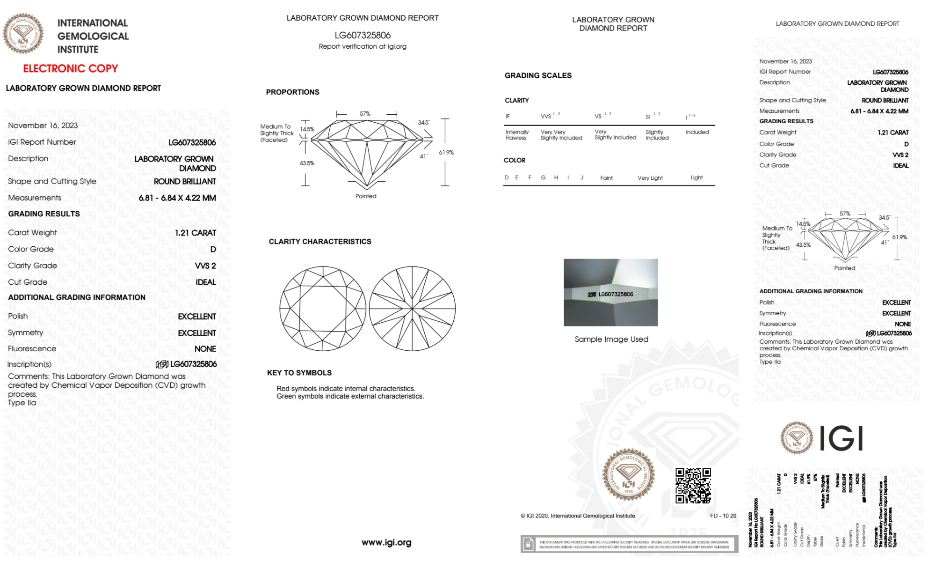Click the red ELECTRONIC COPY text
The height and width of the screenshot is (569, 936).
[x=71, y=68]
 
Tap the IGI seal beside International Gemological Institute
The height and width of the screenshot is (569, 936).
[x=23, y=33]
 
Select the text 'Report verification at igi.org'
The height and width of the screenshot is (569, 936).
[x=363, y=46]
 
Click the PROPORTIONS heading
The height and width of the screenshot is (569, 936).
[x=292, y=92]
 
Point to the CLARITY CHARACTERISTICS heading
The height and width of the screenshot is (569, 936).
[x=320, y=242]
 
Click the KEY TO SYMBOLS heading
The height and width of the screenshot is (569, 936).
[x=299, y=373]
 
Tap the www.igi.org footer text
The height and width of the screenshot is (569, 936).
[x=386, y=542]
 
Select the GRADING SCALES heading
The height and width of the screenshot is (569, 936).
[x=538, y=75]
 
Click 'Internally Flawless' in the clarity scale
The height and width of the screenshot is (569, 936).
[x=517, y=135]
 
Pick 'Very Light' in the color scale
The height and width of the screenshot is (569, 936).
[x=650, y=178]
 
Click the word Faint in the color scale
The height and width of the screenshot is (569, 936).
[x=606, y=178]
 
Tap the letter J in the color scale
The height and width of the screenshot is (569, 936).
[x=582, y=177]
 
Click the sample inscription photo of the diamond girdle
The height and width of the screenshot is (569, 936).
[x=610, y=292]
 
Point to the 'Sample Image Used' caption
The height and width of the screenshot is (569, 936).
[x=611, y=339]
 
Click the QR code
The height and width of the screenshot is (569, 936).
[x=693, y=486]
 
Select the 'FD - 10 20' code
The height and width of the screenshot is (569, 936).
[x=723, y=516]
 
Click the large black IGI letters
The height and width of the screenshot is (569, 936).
[x=842, y=439]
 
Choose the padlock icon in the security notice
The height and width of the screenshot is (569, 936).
[x=528, y=544]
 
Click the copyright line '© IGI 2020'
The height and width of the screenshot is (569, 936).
[x=578, y=516]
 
